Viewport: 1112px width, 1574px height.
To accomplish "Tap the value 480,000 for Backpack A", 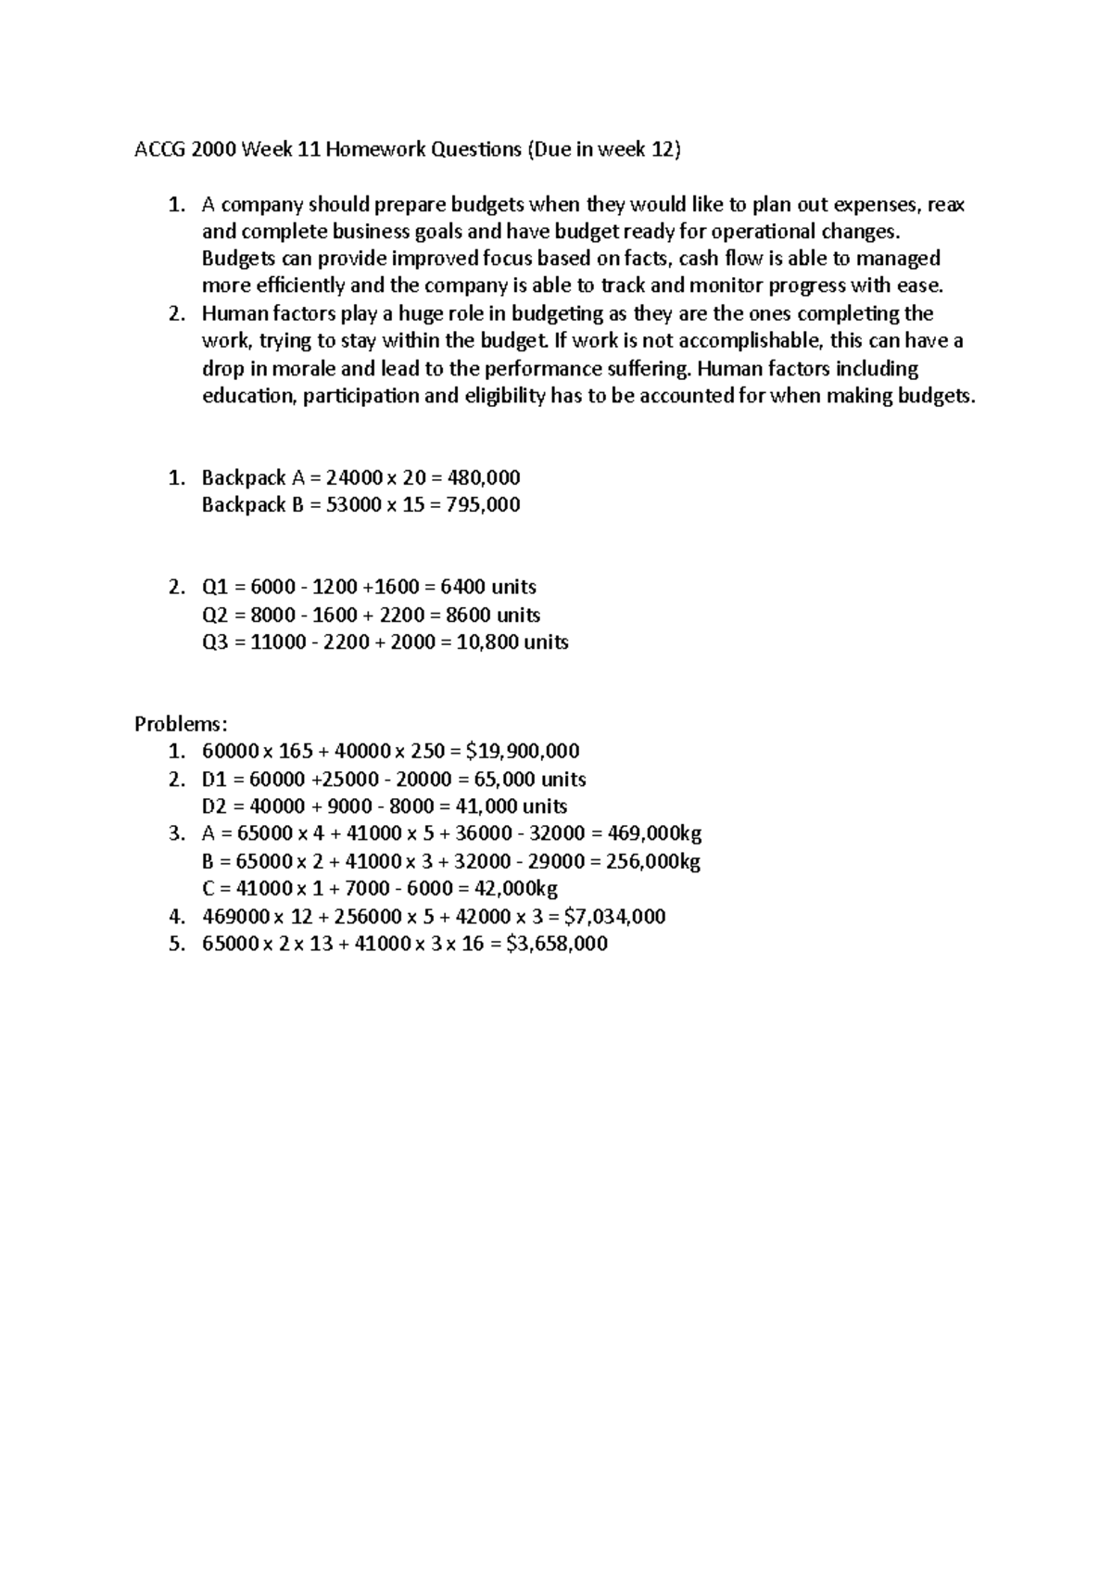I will pyautogui.click(x=483, y=477).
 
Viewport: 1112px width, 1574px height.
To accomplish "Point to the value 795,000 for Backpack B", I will pyautogui.click(x=483, y=505).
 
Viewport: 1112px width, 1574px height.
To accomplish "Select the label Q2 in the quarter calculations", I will pyautogui.click(x=214, y=615).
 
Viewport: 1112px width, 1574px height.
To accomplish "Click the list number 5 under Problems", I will pyautogui.click(x=176, y=945).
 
